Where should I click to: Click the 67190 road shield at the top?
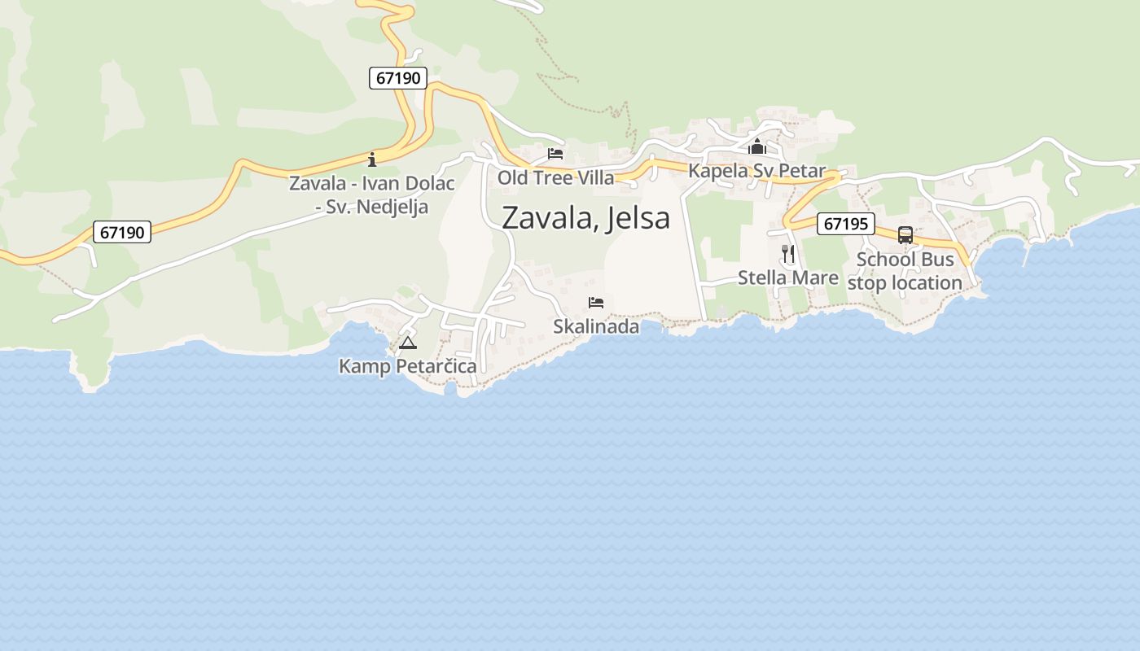398,78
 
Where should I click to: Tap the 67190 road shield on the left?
122,232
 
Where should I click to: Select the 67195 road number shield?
845,223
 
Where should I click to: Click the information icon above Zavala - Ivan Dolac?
372,159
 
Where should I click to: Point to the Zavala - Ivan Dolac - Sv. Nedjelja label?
372,194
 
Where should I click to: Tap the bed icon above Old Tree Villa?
555,153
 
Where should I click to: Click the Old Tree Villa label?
555,177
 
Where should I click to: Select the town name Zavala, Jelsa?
585,217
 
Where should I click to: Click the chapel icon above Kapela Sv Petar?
757,147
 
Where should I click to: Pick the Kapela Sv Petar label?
756,171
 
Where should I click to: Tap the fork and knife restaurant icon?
787,253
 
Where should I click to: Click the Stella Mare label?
787,277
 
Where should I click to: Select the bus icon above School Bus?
905,234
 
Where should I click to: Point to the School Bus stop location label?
905,271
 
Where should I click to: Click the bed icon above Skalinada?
596,303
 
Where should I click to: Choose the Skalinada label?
596,326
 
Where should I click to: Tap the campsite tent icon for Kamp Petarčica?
408,343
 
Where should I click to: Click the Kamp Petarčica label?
407,366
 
